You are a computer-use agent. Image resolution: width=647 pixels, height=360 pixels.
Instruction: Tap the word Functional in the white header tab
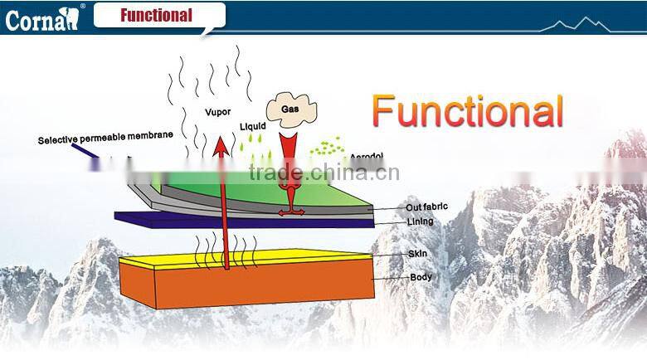(x=156, y=15)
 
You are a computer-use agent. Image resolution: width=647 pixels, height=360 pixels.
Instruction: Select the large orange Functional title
(x=467, y=110)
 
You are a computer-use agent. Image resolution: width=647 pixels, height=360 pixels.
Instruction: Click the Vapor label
(x=218, y=112)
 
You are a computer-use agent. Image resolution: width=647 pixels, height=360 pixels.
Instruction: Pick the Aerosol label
(x=367, y=157)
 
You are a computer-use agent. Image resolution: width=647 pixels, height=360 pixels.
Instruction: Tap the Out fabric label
(x=427, y=207)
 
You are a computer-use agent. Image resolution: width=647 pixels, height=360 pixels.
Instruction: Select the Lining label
(x=420, y=222)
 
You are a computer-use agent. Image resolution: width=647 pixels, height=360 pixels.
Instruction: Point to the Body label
(x=421, y=277)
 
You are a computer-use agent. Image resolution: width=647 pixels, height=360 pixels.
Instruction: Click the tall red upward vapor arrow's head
(x=221, y=148)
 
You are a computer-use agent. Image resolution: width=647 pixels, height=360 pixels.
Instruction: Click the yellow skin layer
(x=249, y=258)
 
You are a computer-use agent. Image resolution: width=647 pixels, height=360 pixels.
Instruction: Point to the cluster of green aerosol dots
(x=327, y=148)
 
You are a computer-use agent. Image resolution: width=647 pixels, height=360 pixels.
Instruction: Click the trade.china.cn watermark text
(x=324, y=173)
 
